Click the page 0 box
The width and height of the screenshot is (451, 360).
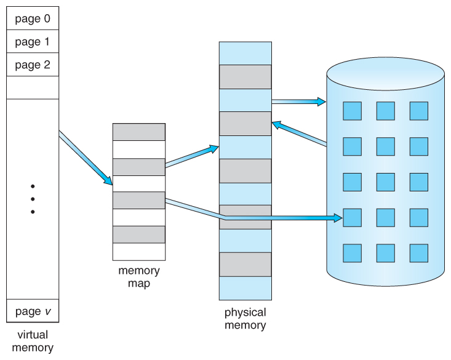[33, 18]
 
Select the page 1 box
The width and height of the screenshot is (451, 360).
[33, 42]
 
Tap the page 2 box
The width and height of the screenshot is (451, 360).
[33, 65]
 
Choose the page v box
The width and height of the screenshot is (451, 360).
[33, 311]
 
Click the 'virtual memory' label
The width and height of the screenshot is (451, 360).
[33, 341]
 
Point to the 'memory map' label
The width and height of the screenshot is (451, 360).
[138, 276]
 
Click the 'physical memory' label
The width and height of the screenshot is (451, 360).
[245, 319]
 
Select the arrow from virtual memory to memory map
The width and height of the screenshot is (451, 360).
[86, 158]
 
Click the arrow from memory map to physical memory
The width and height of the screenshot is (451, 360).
[191, 156]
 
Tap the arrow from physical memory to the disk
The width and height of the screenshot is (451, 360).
[298, 101]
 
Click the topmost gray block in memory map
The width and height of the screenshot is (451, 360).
[138, 132]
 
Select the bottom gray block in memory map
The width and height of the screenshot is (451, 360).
[138, 234]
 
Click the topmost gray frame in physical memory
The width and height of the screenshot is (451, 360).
[245, 77]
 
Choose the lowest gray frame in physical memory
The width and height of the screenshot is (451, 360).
[245, 264]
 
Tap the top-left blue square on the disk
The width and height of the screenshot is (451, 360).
[352, 111]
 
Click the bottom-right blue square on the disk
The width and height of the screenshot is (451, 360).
[418, 253]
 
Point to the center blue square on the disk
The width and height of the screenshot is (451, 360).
[385, 182]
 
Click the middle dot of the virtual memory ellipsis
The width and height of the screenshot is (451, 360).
[33, 199]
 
